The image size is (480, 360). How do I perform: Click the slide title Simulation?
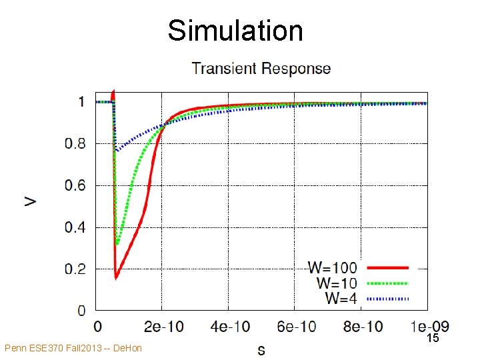[235, 30]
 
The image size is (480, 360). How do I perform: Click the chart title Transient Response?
[261, 68]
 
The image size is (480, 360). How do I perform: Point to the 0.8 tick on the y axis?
[75, 143]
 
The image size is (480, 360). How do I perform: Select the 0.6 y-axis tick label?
[75, 185]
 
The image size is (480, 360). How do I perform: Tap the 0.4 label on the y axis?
[75, 227]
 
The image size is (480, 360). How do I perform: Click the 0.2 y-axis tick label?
[75, 269]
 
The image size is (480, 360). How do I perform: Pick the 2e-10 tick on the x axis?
[164, 327]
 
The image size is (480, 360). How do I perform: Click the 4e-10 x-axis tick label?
[230, 327]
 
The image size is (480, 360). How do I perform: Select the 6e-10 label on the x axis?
[296, 327]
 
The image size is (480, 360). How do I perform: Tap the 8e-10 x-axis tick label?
[363, 327]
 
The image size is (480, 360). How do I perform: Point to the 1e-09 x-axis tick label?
[429, 327]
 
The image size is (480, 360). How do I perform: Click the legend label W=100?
[333, 267]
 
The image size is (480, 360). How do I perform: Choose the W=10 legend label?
[337, 283]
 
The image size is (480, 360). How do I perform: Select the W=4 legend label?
[341, 298]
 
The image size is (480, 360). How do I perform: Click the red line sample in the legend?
[387, 268]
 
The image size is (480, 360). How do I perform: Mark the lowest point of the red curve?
[116, 279]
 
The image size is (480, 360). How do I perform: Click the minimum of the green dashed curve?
[117, 244]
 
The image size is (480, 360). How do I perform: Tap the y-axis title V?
[30, 201]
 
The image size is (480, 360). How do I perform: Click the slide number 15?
[433, 338]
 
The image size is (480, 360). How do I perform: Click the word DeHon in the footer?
[127, 348]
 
